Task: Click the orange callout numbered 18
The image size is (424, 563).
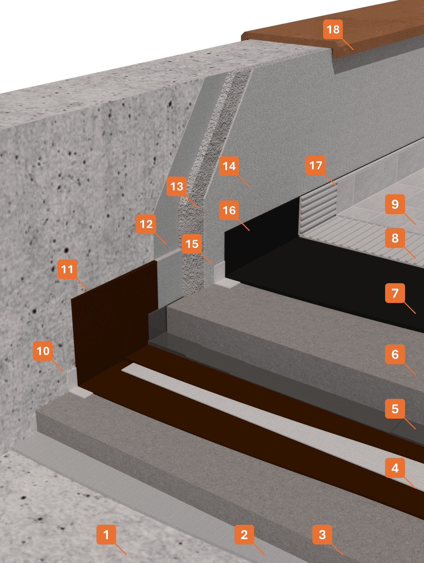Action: [x=333, y=29]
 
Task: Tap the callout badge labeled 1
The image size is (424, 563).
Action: [x=106, y=534]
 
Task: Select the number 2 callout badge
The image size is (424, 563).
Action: [x=244, y=534]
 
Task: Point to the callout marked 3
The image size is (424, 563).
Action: [x=322, y=534]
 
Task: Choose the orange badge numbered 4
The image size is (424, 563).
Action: [x=395, y=468]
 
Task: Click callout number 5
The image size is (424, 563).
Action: [x=395, y=408]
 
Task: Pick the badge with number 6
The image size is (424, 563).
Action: [x=395, y=354]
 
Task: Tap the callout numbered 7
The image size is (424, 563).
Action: [x=395, y=293]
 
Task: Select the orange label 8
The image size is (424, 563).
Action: [x=395, y=238]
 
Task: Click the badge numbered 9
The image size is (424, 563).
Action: [x=395, y=204]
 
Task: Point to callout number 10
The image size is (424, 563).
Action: [x=43, y=351]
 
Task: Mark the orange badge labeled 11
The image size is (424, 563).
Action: [x=67, y=269]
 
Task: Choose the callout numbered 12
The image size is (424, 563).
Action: [x=146, y=224]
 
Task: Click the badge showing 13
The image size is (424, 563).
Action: [x=177, y=186]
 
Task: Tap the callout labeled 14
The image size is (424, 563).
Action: [x=229, y=166]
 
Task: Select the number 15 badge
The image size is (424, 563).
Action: [x=192, y=243]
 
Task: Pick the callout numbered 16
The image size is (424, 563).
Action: [x=229, y=210]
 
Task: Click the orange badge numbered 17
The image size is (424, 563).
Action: [x=316, y=165]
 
